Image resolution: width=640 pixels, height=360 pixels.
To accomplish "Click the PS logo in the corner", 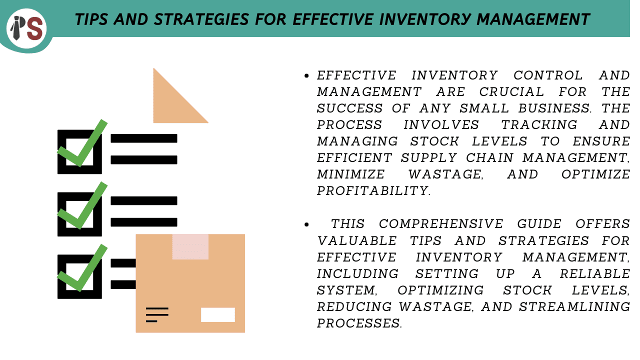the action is click(26, 28).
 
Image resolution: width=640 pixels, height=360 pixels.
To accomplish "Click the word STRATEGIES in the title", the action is click(201, 19).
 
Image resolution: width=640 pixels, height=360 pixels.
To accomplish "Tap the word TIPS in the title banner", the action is click(91, 19).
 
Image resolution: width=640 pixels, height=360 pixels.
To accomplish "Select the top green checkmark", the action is click(82, 143).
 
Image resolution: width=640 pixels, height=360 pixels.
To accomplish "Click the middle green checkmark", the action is click(82, 205).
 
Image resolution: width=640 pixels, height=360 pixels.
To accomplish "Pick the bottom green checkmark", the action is click(82, 268).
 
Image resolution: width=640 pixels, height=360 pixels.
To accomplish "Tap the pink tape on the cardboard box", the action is click(190, 247).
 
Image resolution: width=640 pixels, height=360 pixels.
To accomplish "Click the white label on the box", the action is click(217, 315).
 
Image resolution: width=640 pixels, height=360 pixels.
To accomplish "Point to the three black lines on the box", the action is click(157, 315).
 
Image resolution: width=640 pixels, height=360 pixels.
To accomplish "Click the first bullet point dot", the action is click(306, 75).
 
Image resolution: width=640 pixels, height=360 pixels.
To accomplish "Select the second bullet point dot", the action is click(306, 224).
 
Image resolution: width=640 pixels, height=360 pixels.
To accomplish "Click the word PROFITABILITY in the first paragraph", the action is click(373, 191).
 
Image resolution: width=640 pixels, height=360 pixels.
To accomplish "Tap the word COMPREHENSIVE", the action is click(441, 224).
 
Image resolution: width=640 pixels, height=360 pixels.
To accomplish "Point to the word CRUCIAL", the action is click(511, 92).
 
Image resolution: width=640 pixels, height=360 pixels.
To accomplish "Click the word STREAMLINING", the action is click(574, 307).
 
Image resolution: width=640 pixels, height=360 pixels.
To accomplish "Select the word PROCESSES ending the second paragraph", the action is click(359, 323).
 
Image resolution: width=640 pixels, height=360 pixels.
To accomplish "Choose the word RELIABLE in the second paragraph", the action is click(594, 273).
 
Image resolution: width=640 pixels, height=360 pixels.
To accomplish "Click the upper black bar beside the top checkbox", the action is click(144, 138).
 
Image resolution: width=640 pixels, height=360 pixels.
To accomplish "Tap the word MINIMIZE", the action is click(351, 174).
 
